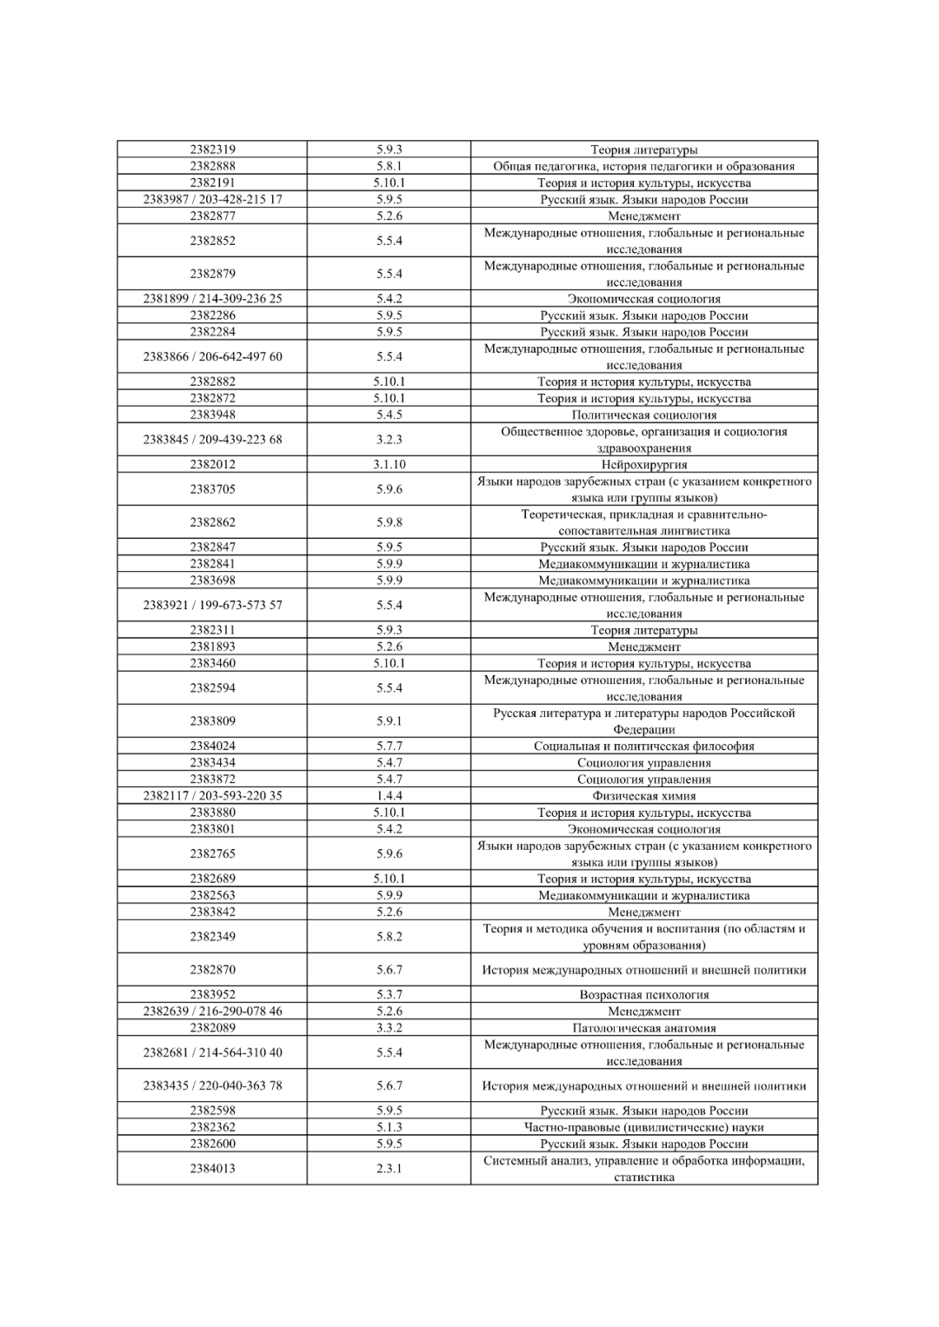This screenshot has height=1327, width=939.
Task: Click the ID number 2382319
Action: [x=212, y=149]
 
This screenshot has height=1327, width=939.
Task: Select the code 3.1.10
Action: [x=389, y=464]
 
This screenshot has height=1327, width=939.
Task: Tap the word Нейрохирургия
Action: [x=643, y=464]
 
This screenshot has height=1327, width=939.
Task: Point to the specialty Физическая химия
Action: [x=643, y=795]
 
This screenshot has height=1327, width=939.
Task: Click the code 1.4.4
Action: [x=389, y=795]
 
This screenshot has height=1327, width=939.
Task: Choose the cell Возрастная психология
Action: [x=643, y=994]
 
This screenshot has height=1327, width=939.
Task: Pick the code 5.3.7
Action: [x=389, y=994]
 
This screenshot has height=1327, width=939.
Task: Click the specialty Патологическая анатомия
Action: [x=643, y=1027]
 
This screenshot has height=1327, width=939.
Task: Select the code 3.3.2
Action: [x=389, y=1027]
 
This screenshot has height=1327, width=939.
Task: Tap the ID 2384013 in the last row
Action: [x=212, y=1168]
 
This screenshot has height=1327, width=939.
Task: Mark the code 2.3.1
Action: [x=389, y=1168]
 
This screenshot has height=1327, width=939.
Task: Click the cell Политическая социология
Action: [x=643, y=415]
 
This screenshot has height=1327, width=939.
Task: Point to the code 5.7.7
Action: [x=389, y=746]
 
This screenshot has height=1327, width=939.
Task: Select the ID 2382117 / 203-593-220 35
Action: [x=212, y=795]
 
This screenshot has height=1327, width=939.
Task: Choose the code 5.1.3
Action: [x=389, y=1127]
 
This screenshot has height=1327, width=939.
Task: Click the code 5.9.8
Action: [x=389, y=522]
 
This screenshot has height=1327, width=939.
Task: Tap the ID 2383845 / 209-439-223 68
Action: [x=212, y=439]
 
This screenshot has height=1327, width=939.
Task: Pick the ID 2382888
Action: [x=212, y=166]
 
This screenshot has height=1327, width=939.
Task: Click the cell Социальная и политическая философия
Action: [x=643, y=746]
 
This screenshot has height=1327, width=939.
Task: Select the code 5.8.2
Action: [x=389, y=936]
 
